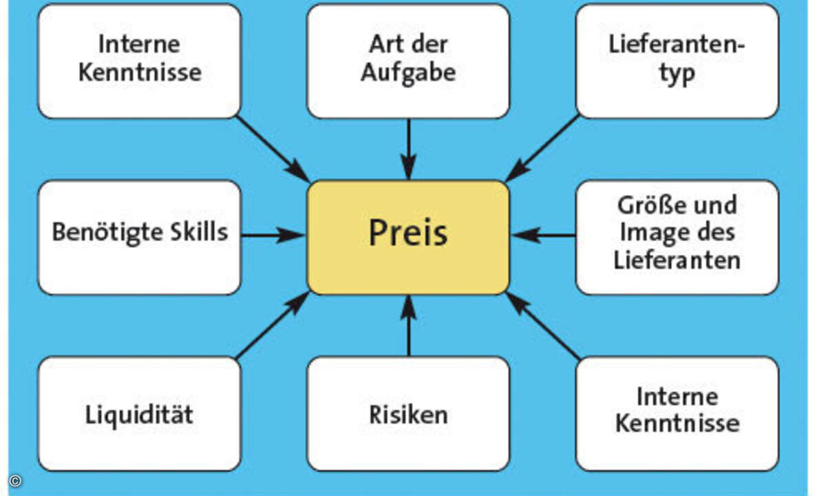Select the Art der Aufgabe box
coord(408,61)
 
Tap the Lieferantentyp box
coord(677,61)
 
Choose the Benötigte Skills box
coord(140,237)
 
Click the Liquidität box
coord(140,413)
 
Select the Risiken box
coord(408,413)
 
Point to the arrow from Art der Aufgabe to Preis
coord(408,149)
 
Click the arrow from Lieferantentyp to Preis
coord(544,147)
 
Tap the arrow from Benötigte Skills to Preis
coord(273,236)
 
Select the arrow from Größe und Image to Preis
coord(544,236)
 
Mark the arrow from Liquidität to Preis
coord(273,325)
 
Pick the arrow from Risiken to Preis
coord(408,325)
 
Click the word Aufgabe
coord(408,72)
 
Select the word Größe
coord(646,205)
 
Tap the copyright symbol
coord(15,480)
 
